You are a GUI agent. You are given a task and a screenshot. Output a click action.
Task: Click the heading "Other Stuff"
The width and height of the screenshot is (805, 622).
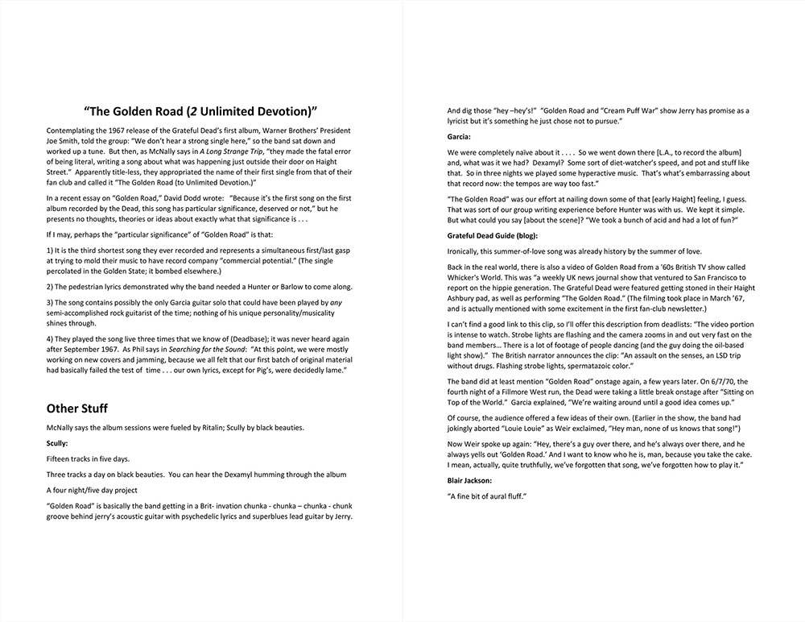(77, 408)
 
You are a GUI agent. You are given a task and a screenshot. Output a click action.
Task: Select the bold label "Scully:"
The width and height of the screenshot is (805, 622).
(58, 443)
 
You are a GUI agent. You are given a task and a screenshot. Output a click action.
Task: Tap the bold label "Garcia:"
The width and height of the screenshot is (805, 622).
(460, 137)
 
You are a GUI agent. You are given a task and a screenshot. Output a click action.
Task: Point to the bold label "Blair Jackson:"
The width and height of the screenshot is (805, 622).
(469, 480)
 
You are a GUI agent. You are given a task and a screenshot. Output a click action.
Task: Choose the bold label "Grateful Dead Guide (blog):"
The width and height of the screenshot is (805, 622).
(496, 235)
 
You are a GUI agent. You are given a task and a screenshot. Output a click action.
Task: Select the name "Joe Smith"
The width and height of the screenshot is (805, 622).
(65, 141)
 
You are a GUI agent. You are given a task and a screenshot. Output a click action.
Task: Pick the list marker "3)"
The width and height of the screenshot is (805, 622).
(50, 301)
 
